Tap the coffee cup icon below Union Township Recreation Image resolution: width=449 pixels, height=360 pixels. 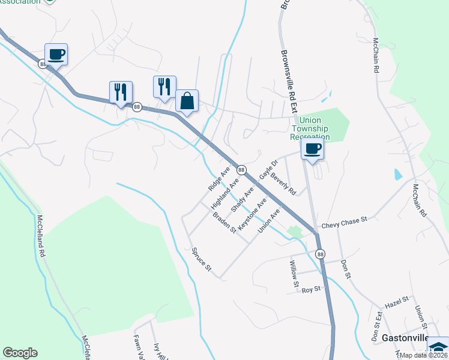click(x=312, y=149)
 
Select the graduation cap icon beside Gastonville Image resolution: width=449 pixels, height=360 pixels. click(x=438, y=347)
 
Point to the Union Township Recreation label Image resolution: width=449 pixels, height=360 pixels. click(x=310, y=128)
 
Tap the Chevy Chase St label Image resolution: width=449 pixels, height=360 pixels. click(x=344, y=222)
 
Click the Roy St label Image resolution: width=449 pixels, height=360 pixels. click(x=312, y=289)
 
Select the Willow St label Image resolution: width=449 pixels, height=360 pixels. click(x=294, y=272)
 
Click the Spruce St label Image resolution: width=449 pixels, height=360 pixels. click(x=202, y=259)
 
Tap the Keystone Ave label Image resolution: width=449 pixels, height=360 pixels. click(x=252, y=215)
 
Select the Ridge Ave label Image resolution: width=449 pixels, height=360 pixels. click(x=219, y=179)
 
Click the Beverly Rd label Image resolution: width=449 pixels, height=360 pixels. click(x=283, y=184)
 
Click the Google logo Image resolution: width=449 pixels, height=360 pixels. click(x=20, y=353)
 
